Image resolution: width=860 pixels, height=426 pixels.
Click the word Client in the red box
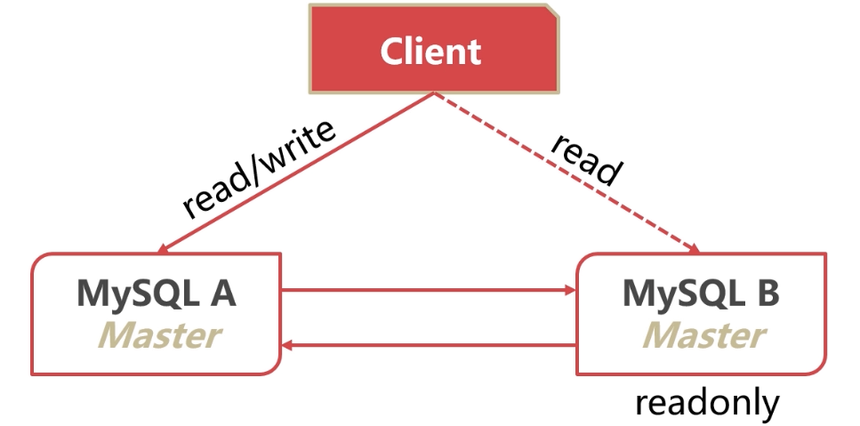click(x=430, y=51)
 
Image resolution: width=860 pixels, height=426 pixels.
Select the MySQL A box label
click(x=157, y=293)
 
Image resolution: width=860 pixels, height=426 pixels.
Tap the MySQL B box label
click(x=701, y=293)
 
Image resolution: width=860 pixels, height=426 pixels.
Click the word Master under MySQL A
click(x=157, y=335)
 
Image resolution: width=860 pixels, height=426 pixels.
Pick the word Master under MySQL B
click(x=703, y=335)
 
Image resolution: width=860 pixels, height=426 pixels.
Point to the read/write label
click(x=259, y=169)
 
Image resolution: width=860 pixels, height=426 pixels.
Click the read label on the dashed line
click(x=584, y=160)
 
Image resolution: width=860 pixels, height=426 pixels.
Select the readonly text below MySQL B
click(x=706, y=403)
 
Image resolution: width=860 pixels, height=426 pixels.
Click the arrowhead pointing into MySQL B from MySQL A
click(x=569, y=290)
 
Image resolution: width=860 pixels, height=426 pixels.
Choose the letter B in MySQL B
click(x=768, y=293)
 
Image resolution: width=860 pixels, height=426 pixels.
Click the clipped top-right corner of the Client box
click(x=553, y=12)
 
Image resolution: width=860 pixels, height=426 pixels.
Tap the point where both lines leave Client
click(x=433, y=93)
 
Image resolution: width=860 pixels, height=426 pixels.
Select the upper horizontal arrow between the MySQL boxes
click(x=427, y=290)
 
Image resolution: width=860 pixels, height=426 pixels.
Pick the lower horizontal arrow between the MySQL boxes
click(x=427, y=346)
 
